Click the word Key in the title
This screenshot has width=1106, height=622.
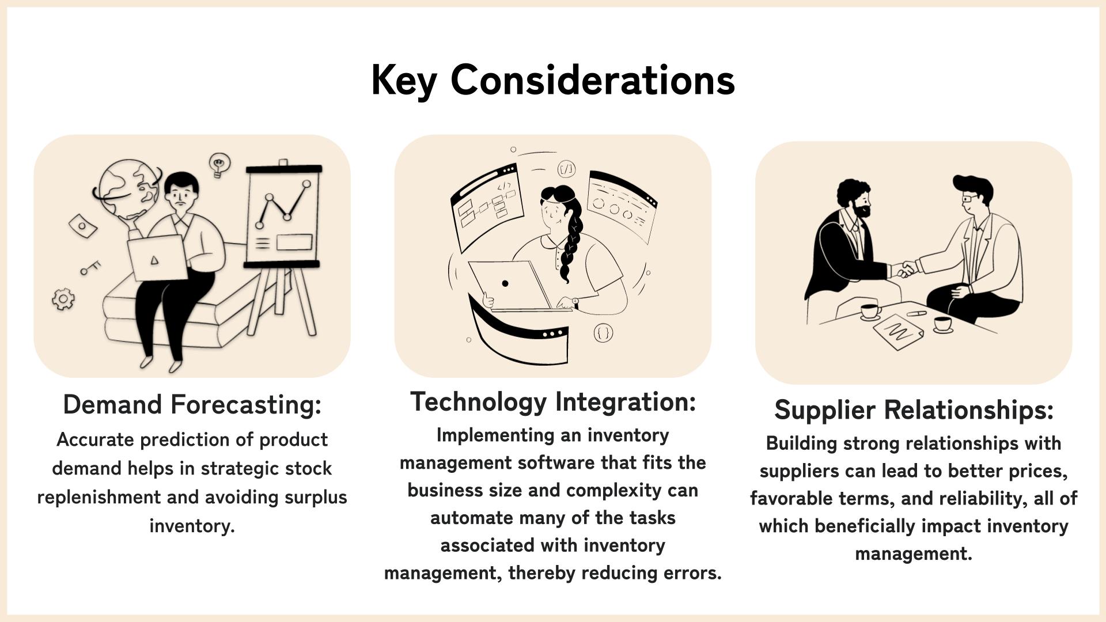pyautogui.click(x=404, y=81)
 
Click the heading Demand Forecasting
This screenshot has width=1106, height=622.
pyautogui.click(x=192, y=404)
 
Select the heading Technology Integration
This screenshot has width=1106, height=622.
pyautogui.click(x=553, y=402)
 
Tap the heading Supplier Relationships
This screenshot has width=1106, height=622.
pyautogui.click(x=914, y=410)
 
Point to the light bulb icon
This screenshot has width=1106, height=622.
pyautogui.click(x=219, y=165)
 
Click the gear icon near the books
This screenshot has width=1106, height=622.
pyautogui.click(x=63, y=299)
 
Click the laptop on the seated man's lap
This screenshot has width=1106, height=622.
pyautogui.click(x=157, y=257)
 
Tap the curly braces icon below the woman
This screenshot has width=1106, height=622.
pyautogui.click(x=603, y=333)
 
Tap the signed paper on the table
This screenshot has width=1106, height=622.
pyautogui.click(x=898, y=331)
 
